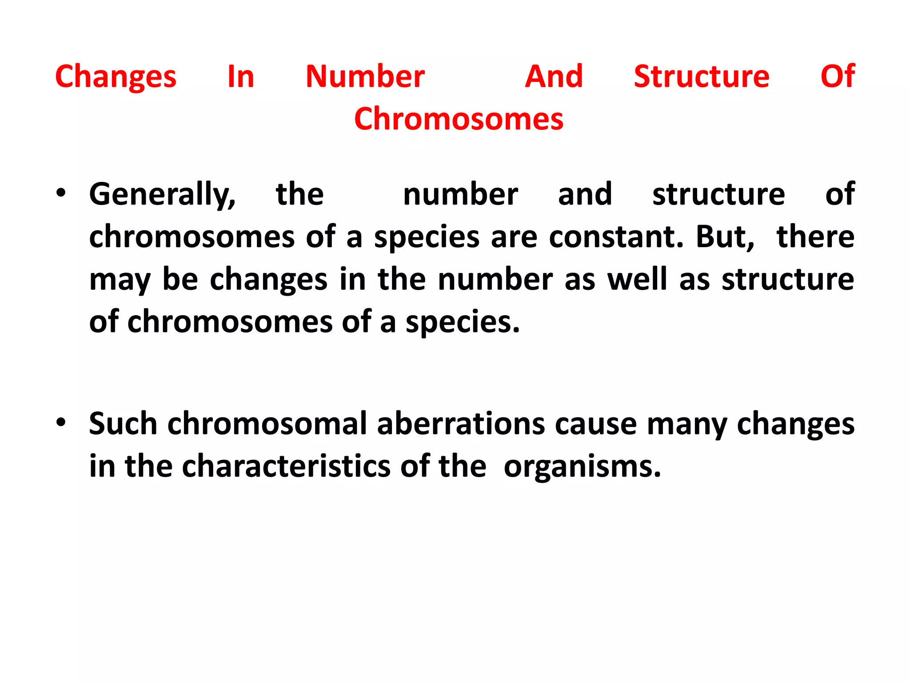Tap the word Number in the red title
click(365, 76)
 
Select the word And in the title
click(554, 76)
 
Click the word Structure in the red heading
click(701, 76)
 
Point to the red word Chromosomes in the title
click(459, 119)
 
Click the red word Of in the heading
click(838, 76)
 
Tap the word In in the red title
click(240, 76)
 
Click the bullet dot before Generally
click(61, 193)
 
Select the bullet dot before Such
click(61, 422)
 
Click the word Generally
click(162, 195)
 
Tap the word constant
click(616, 237)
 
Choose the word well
click(637, 279)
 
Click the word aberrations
click(461, 423)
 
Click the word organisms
click(582, 467)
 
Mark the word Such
click(123, 423)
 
